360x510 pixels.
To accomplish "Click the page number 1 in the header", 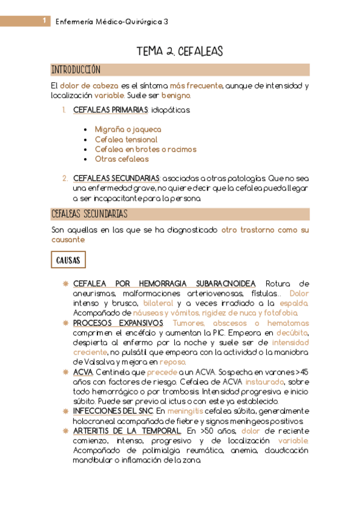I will [45, 21].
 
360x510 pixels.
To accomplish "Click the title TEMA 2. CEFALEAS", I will [180, 52].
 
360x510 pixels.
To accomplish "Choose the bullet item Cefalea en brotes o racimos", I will [145, 149].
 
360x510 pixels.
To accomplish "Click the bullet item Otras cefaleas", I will [121, 159].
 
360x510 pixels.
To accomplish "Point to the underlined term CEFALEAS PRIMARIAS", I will [110, 110].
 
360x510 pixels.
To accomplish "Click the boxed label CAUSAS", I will [69, 260].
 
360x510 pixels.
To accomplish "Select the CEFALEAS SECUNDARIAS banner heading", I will [89, 214].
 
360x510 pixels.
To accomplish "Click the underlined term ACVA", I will [82, 373].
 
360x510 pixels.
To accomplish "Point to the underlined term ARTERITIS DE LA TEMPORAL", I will [126, 431].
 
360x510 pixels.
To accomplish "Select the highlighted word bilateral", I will [157, 304].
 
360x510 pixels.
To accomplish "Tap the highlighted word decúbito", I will [292, 333].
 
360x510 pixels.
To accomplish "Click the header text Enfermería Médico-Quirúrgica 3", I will [112, 22].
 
